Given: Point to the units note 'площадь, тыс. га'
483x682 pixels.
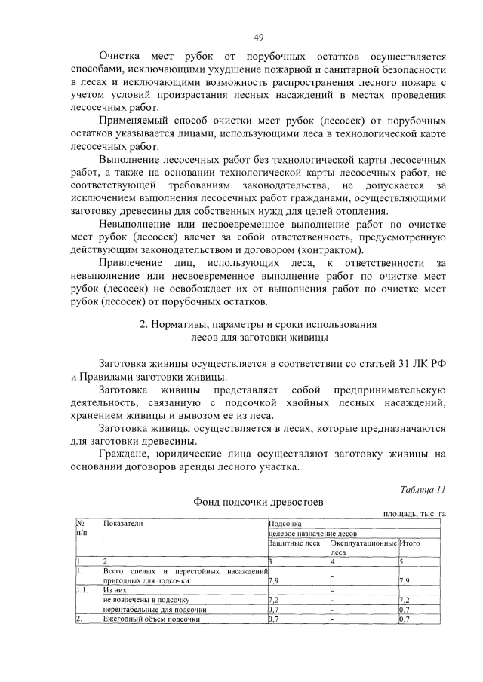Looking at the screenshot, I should click(414, 514).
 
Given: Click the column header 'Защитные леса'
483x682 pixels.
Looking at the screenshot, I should click(294, 543).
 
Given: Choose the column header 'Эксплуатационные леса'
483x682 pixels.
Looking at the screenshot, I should click(363, 546).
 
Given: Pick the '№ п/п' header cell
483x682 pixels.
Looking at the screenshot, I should click(82, 528).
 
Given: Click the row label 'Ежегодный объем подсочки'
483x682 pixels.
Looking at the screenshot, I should click(152, 619).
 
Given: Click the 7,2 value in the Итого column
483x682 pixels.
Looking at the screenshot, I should click(406, 599).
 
